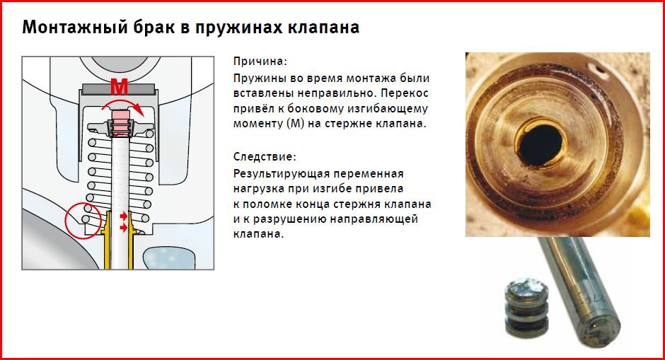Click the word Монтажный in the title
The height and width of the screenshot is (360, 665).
[x=75, y=27]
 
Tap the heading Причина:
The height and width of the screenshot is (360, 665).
[x=260, y=62]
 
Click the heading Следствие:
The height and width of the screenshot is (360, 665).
[x=265, y=156]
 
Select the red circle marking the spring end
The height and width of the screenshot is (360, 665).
[x=83, y=221]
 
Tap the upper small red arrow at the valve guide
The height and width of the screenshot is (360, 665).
[x=123, y=216]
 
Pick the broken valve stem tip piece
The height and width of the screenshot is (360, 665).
[x=526, y=307]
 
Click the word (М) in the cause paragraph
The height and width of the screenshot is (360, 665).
[x=296, y=124]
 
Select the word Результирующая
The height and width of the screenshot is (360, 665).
[x=282, y=174]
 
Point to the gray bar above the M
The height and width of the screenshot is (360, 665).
[x=118, y=89]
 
